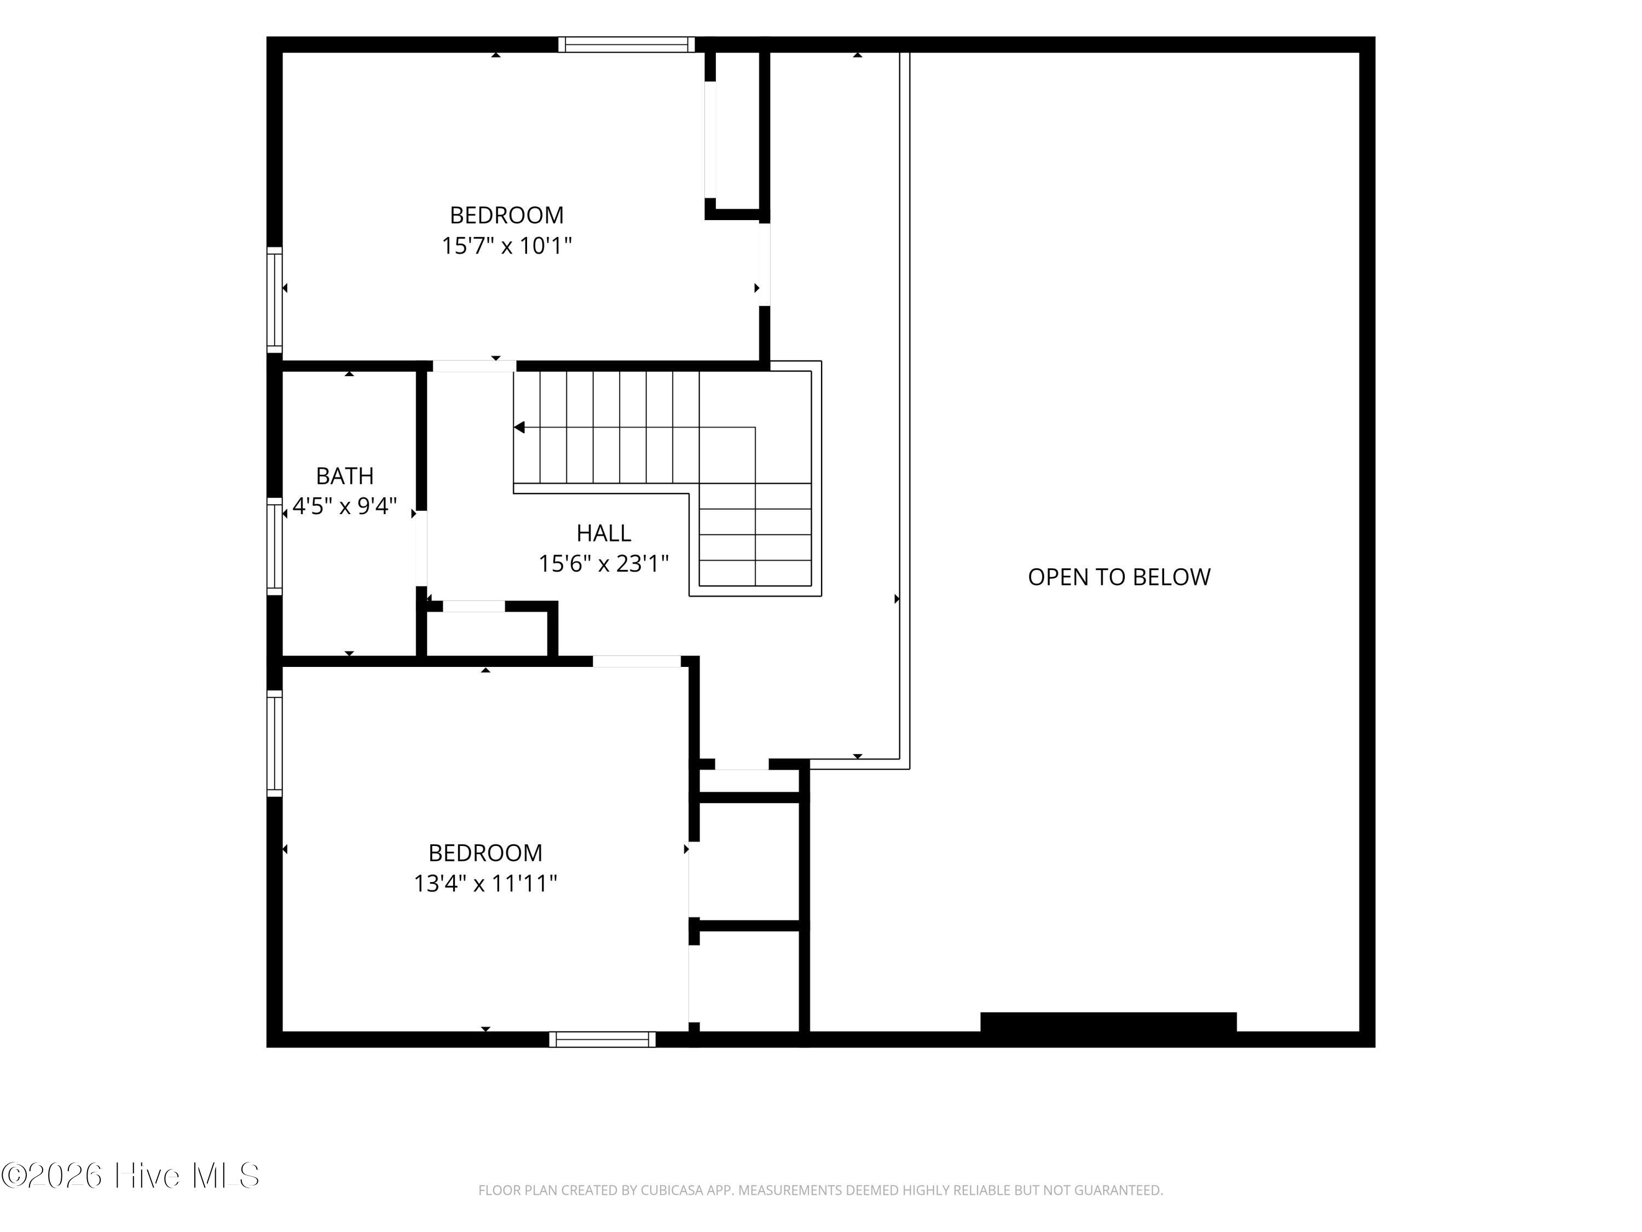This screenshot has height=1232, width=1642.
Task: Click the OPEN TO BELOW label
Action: [1119, 577]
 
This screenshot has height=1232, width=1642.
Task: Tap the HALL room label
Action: [604, 533]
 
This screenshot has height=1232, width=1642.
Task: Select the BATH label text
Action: [344, 476]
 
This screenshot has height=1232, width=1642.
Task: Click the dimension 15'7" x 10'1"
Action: [507, 246]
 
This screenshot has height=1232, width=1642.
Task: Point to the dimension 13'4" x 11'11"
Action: [485, 884]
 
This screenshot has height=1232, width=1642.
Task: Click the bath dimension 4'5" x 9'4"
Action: [344, 506]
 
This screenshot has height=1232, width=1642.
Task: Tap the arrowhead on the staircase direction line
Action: [519, 427]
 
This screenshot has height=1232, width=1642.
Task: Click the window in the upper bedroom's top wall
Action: [627, 44]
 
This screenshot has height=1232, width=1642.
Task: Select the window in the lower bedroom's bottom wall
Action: [602, 1039]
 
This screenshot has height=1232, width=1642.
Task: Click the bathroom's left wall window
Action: [275, 546]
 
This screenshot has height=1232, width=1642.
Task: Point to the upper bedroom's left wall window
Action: [275, 300]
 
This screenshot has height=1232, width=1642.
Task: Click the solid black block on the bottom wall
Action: [1108, 1022]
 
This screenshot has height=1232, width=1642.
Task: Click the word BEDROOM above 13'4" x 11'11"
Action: [485, 853]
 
